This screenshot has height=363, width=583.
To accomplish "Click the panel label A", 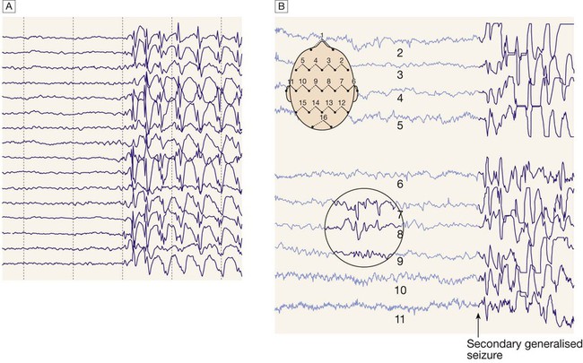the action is [x=8, y=6].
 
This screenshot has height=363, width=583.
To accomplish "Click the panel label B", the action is [x=282, y=6].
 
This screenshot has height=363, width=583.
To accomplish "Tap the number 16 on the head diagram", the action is [x=324, y=117].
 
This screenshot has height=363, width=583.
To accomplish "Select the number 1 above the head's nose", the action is [x=322, y=35].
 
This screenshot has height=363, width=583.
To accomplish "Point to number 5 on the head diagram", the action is [x=302, y=60].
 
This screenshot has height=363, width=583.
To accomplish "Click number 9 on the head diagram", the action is [x=316, y=81].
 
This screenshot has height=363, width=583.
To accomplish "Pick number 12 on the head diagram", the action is [x=342, y=102].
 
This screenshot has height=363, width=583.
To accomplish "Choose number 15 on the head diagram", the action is [x=303, y=102].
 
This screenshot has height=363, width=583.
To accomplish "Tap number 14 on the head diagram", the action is [x=316, y=102].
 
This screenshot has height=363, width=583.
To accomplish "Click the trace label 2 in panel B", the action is [x=400, y=53].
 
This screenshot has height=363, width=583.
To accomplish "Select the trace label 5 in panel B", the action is [x=400, y=125].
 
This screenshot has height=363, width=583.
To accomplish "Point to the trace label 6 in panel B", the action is [x=400, y=184].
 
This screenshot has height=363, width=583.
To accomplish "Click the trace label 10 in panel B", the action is [x=400, y=290].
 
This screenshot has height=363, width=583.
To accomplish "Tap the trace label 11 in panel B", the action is [x=400, y=319].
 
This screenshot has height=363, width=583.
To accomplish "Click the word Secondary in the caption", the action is [x=490, y=343].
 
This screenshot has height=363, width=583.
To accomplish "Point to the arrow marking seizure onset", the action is [x=479, y=324].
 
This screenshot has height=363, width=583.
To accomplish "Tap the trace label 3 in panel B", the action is [x=400, y=74].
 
